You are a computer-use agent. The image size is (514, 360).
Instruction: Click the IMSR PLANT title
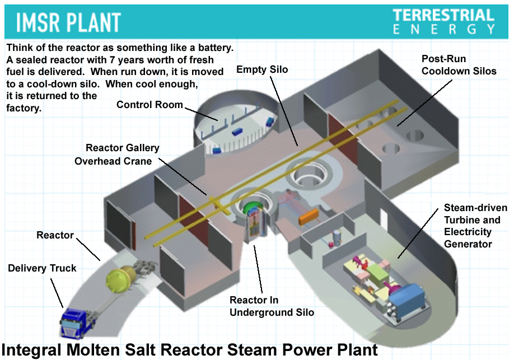point(68,22)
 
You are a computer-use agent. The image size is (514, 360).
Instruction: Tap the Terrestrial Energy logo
point(443,21)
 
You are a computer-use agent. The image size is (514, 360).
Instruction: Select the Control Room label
point(149,105)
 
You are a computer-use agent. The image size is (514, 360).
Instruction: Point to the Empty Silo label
point(262,69)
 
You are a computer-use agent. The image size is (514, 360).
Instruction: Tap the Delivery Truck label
point(42,268)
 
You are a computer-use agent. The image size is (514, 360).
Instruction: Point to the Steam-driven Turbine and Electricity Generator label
point(475,226)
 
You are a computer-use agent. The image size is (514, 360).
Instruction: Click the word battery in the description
point(213,46)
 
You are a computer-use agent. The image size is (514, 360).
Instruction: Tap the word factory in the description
point(24,109)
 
